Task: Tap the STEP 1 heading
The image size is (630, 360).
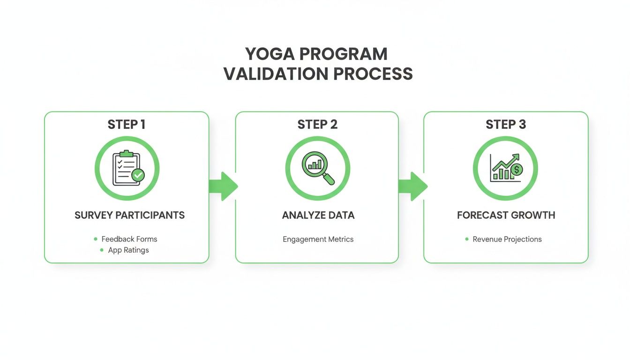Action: [x=127, y=124]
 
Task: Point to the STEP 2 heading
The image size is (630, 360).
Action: [x=317, y=124]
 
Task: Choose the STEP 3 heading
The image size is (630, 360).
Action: [x=506, y=124]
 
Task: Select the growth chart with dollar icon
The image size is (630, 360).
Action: [x=505, y=168]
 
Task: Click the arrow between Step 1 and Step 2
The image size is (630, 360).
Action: [x=223, y=187]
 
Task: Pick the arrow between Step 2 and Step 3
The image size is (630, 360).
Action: [x=412, y=187]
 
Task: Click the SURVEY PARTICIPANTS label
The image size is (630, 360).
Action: [x=130, y=215]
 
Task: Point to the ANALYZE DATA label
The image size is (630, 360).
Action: [x=318, y=215]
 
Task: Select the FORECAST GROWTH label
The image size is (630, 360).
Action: [x=506, y=215]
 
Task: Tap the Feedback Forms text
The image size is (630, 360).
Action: [x=129, y=239]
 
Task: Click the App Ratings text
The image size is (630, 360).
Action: [x=128, y=250]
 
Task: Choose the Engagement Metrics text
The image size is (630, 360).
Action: [x=318, y=239]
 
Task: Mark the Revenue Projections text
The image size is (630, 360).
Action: [x=507, y=239]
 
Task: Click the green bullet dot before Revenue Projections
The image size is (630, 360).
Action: [x=467, y=239]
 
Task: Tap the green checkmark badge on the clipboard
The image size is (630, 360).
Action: [x=138, y=175]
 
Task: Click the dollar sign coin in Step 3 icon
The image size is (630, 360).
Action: [x=516, y=170]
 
